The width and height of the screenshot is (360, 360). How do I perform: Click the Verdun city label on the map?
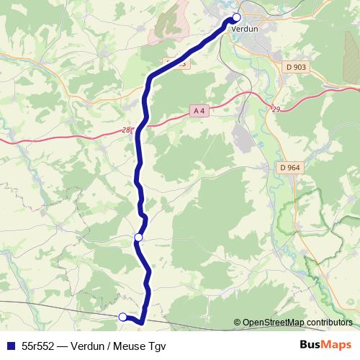click(244, 30)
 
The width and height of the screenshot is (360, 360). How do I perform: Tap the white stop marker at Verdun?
click(236, 17)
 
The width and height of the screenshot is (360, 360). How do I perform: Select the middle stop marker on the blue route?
click(138, 237)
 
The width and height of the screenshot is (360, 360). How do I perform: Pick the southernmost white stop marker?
click(122, 316)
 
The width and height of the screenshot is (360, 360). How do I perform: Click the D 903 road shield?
click(295, 67)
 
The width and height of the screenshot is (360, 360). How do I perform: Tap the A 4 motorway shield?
click(199, 110)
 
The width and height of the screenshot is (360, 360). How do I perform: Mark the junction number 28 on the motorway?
click(127, 130)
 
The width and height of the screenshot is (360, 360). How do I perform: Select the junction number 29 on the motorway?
click(275, 109)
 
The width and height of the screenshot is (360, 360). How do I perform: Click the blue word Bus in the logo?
click(310, 345)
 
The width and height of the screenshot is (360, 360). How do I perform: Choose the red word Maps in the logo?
click(338, 345)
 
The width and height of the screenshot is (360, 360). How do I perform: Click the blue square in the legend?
click(11, 346)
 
